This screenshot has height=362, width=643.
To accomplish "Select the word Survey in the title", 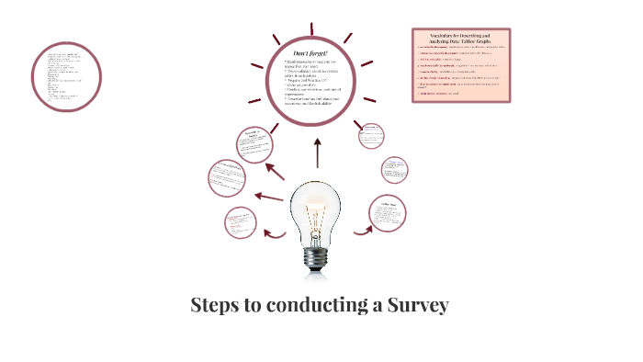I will coord(418,305).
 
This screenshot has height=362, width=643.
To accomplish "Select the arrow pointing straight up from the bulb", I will coord(317,153).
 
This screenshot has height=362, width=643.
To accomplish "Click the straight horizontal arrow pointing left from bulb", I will coord(268,197).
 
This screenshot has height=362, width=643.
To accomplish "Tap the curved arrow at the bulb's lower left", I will coord(274,232).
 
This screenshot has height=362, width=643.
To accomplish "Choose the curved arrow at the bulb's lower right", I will coord(361,227).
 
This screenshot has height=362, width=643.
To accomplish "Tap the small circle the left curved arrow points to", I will coord(243,223).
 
